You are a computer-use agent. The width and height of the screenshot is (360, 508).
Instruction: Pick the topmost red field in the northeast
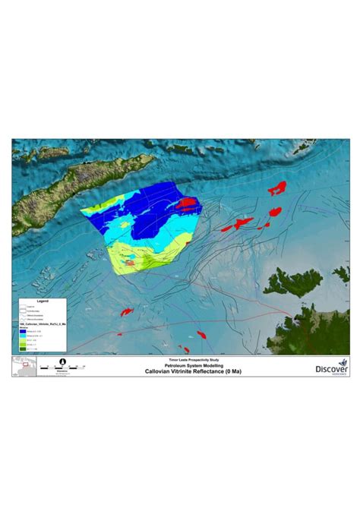[278, 188]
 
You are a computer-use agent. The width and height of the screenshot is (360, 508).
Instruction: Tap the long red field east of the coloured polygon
[240, 223]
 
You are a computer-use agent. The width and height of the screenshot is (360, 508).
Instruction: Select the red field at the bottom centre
[201, 334]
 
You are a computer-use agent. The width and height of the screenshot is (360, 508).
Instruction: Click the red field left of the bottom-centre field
[126, 311]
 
